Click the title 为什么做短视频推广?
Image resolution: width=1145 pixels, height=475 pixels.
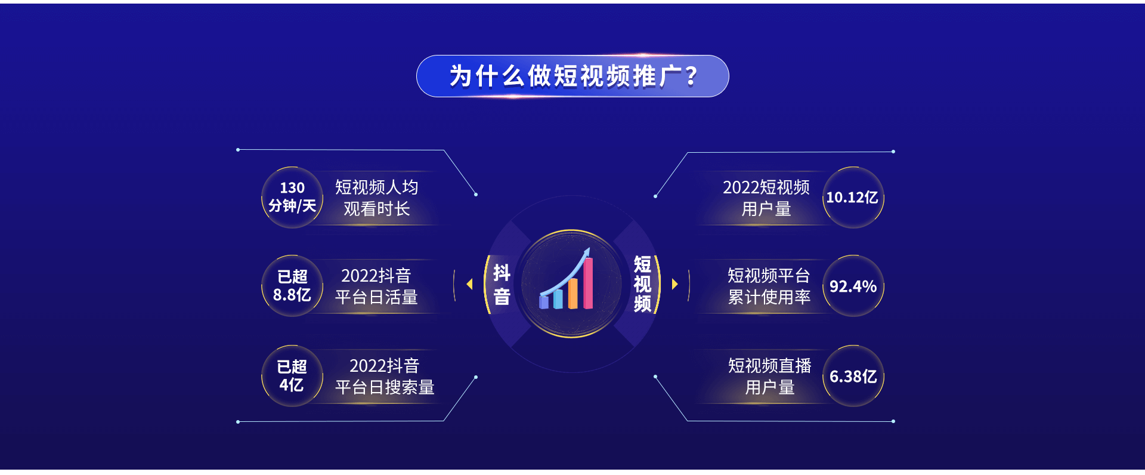573,76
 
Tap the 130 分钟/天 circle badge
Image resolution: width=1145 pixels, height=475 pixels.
292,198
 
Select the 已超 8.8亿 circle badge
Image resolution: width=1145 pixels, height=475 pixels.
292,286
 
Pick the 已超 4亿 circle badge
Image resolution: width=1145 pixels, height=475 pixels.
292,376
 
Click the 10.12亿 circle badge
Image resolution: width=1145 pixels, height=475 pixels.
853,198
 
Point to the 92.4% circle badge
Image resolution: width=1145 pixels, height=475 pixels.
853,286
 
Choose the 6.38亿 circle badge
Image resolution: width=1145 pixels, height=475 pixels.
853,376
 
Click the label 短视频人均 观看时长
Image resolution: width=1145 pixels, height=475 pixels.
376,198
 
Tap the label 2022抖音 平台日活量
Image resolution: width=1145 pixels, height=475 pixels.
376,286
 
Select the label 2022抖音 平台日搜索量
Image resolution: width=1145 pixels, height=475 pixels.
385,377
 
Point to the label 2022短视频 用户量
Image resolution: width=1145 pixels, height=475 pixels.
766,198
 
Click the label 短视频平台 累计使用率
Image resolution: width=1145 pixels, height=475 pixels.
769,286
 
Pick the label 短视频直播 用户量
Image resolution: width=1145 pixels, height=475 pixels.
769,377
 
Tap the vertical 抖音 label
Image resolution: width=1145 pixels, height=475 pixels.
502,285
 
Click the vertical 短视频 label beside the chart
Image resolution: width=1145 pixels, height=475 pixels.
642,284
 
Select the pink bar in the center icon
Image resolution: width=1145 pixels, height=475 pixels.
588,283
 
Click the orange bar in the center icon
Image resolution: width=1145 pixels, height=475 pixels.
573,294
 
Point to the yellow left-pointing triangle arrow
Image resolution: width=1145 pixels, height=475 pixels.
470,284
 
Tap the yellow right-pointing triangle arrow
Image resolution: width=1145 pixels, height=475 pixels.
675,284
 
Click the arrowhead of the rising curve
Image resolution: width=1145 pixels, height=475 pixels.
587,253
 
